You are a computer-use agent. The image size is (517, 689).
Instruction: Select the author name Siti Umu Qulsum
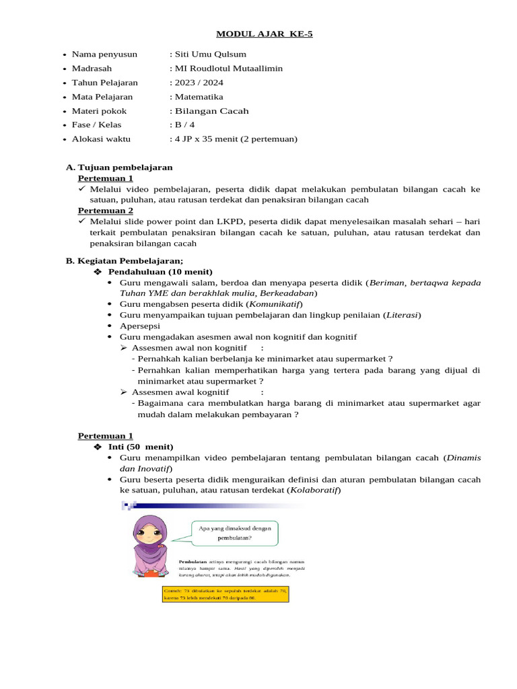coord(210,54)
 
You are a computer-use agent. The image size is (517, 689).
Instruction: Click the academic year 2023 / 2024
coord(199,82)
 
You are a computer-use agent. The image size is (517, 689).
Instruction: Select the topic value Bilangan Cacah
coord(212,110)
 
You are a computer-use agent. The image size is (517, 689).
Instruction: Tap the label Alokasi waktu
coord(101,139)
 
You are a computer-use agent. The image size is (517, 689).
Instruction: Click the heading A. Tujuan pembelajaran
coord(119,167)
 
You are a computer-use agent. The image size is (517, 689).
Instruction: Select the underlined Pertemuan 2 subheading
coord(105,210)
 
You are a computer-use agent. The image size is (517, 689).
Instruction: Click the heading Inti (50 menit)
coord(141,447)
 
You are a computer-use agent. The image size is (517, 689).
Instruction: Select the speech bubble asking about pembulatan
coord(235,533)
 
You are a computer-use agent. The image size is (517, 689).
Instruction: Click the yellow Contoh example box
coord(226,593)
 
